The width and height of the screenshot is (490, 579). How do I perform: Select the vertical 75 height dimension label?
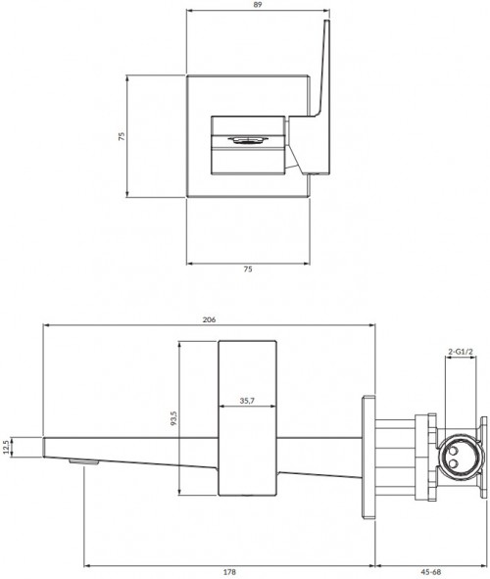(122, 137)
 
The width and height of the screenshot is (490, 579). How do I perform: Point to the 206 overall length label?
(209, 319)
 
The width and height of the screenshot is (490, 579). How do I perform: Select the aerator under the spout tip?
(86, 458)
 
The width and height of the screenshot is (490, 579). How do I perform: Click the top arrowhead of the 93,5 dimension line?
(181, 344)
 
